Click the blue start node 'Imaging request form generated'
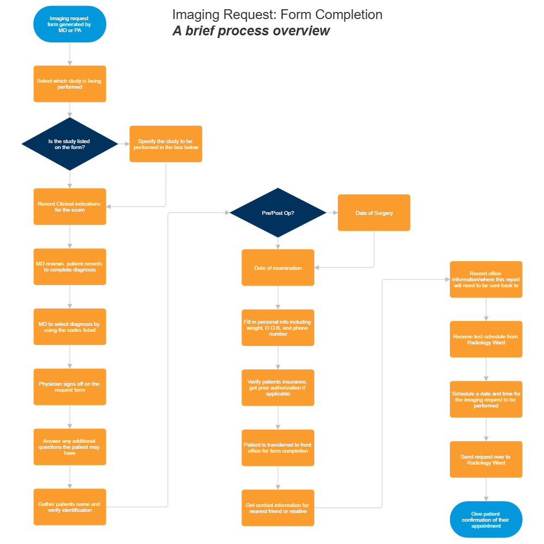70,24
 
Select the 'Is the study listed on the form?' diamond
70,144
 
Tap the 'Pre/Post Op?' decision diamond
278,213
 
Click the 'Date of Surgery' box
374,213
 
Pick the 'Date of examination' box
278,268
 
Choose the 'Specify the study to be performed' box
166,144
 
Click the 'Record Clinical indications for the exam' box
70,207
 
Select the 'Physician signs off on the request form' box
70,387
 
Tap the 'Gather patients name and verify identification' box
70,507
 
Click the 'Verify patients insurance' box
278,388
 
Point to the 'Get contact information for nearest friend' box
278,508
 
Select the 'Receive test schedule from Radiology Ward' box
486,339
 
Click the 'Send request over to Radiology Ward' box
486,460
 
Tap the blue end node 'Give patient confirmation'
486,520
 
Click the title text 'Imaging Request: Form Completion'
277,15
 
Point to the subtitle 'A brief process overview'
251,31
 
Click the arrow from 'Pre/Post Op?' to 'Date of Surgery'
332,213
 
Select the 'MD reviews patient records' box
70,267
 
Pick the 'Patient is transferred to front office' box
278,448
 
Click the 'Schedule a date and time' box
486,399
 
